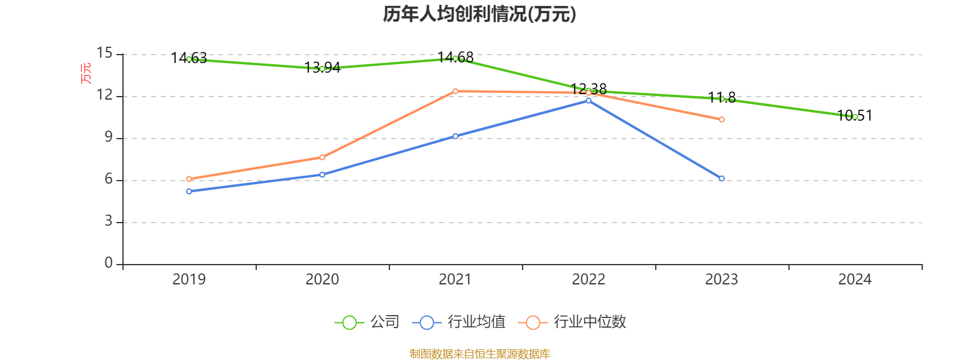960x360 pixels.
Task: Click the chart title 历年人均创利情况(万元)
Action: [x=479, y=14]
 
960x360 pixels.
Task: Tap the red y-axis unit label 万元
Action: [x=86, y=73]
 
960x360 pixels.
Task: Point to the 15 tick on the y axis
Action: [x=104, y=53]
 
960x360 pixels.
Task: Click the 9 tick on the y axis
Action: [x=109, y=137]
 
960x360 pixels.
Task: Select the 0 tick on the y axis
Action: [x=109, y=263]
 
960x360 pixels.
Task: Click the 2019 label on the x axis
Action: [x=189, y=279]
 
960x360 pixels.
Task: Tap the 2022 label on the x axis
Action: [x=589, y=279]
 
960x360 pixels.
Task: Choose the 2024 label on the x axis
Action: [x=854, y=279]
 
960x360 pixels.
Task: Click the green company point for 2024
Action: [x=855, y=117]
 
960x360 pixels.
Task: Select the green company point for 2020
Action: [x=322, y=69]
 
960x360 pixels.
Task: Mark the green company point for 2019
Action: [x=189, y=59]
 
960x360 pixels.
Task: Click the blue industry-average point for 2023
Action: [x=722, y=178]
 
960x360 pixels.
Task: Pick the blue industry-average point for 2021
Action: [x=455, y=136]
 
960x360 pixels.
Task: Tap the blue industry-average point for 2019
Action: [x=189, y=191]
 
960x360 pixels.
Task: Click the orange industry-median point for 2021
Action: [x=455, y=91]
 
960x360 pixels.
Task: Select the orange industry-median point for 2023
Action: [x=722, y=119]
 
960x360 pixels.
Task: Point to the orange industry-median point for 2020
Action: [x=322, y=157]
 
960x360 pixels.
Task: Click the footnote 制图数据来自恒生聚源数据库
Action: [x=479, y=354]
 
